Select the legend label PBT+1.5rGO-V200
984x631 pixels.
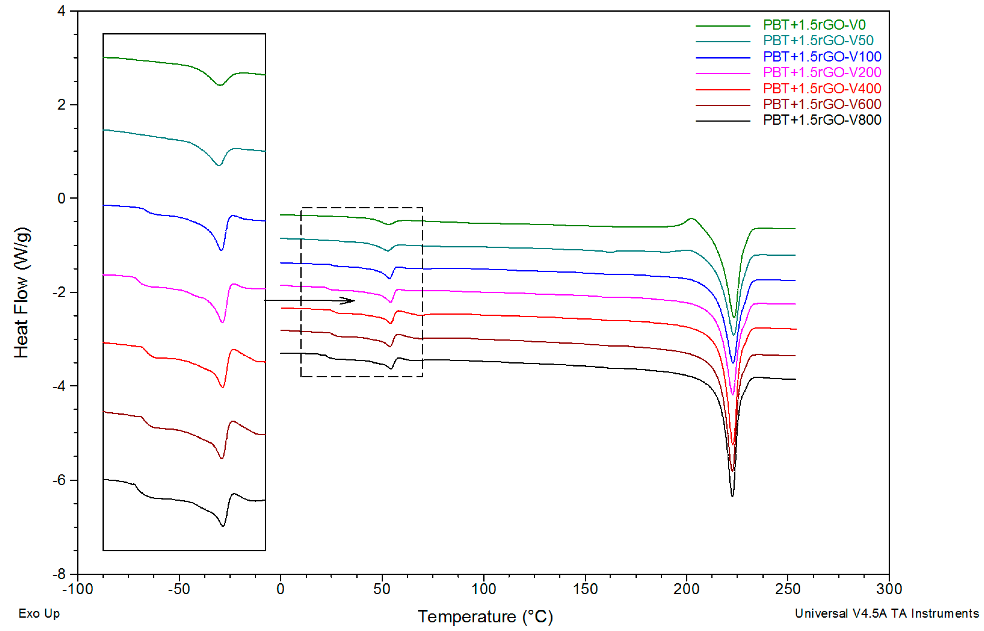point(821,72)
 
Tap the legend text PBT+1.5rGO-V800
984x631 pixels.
point(821,120)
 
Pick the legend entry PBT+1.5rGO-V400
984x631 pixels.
point(821,89)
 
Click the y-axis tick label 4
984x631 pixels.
point(61,11)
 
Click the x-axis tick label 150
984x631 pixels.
point(584,589)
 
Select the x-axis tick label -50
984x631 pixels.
point(179,589)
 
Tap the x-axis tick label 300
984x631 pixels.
point(889,589)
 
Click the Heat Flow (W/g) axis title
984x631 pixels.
point(21,292)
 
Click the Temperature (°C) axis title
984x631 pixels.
point(485,616)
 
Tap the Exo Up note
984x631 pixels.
point(39,613)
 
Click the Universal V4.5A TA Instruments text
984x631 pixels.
point(887,613)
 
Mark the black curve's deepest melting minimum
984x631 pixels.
point(732,496)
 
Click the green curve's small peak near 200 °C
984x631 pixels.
point(692,218)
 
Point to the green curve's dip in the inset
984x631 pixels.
point(220,85)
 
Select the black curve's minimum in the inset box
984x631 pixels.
point(223,526)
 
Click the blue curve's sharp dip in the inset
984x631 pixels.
point(221,250)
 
